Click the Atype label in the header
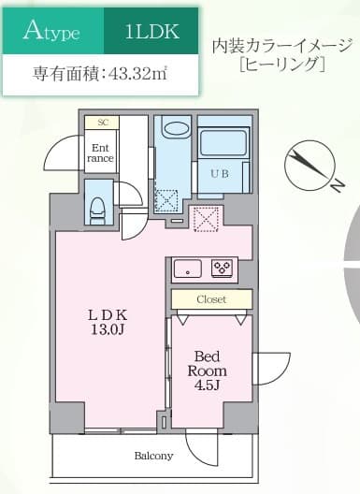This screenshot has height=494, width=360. (x=51, y=34)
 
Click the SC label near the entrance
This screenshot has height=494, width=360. (x=101, y=123)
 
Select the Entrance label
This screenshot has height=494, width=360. (x=100, y=152)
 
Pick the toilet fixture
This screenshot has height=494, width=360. (x=98, y=207)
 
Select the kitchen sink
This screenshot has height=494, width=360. (x=188, y=269)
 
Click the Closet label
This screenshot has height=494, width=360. (x=210, y=299)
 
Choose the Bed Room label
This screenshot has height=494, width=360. (x=208, y=363)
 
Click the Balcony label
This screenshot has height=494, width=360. (x=153, y=456)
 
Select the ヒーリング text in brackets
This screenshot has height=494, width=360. (x=281, y=66)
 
